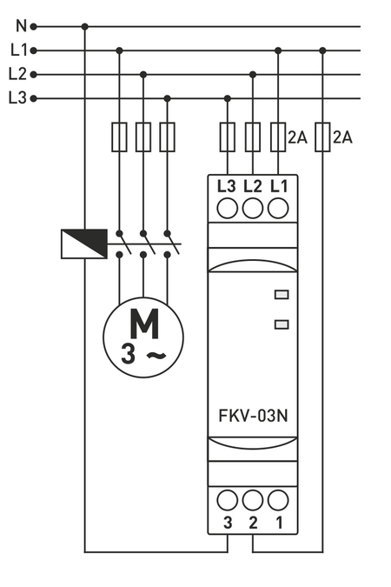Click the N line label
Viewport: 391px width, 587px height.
pyautogui.click(x=20, y=27)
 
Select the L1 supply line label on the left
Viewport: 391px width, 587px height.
pyautogui.click(x=18, y=50)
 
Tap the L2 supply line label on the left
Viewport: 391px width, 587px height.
pyautogui.click(x=18, y=74)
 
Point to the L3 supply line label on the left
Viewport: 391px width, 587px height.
pyautogui.click(x=18, y=98)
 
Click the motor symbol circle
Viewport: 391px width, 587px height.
pyautogui.click(x=143, y=336)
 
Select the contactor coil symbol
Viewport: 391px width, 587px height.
pyautogui.click(x=83, y=243)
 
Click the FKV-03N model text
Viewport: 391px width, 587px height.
pyautogui.click(x=253, y=414)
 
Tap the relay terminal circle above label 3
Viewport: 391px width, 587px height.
pyautogui.click(x=228, y=499)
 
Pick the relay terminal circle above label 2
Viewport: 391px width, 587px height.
pyautogui.click(x=253, y=499)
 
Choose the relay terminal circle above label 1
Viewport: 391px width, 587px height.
pyautogui.click(x=278, y=499)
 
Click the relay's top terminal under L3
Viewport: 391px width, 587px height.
pyautogui.click(x=228, y=209)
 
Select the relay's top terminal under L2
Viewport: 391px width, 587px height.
pyautogui.click(x=253, y=209)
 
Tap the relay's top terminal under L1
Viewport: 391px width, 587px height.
pyautogui.click(x=278, y=209)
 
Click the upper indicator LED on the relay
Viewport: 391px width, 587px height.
pyautogui.click(x=281, y=295)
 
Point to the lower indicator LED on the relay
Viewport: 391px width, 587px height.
pyautogui.click(x=281, y=324)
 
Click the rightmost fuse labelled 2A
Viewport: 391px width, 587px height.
pyautogui.click(x=322, y=137)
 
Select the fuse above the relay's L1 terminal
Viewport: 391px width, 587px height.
pyautogui.click(x=278, y=137)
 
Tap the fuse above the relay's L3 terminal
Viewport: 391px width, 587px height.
pyautogui.click(x=228, y=137)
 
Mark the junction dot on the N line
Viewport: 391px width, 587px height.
pyautogui.click(x=84, y=27)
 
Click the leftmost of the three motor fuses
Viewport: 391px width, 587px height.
pyautogui.click(x=119, y=137)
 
